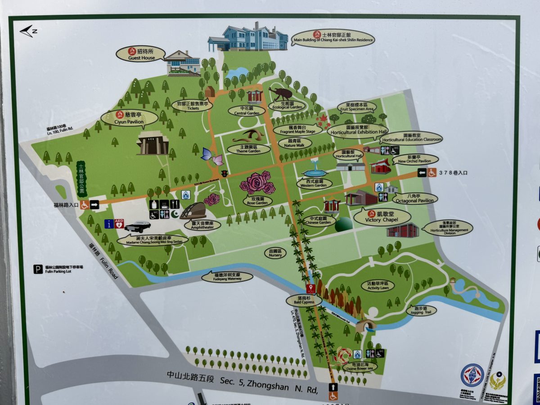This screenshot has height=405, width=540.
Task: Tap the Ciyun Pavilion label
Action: click(129, 118)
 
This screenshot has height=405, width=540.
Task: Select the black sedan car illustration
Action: click(137, 226)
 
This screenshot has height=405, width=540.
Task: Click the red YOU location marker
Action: click(310, 288)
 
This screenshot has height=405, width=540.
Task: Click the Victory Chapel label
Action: click(382, 217)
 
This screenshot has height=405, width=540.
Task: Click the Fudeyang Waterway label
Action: click(228, 276)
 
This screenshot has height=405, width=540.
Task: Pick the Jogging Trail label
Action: click(421, 310)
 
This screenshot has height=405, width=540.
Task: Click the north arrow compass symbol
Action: click(28, 31)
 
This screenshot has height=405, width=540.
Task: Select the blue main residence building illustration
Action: click(248, 38)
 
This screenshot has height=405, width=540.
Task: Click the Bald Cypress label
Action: click(304, 300)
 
